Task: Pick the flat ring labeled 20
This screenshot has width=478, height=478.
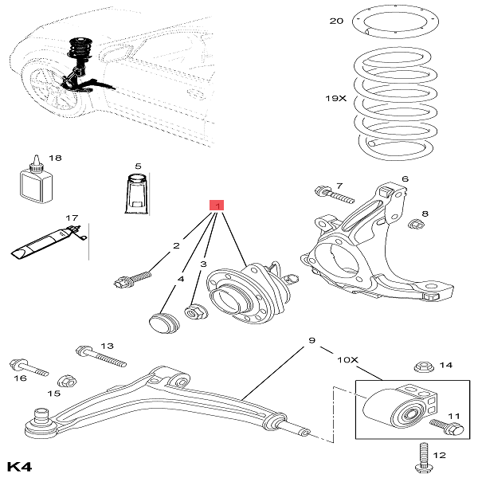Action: (x=396, y=22)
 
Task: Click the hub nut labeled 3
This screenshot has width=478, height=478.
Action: (x=194, y=312)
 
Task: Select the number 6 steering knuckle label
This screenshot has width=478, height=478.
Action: (x=405, y=179)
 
